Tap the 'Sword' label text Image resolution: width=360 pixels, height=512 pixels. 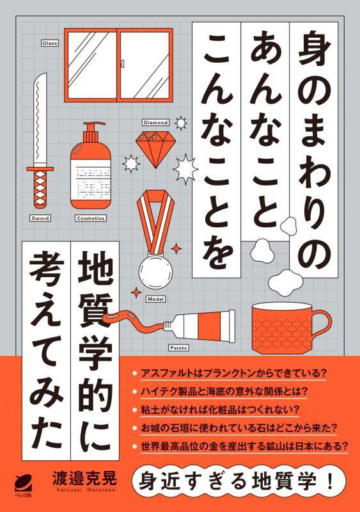40,218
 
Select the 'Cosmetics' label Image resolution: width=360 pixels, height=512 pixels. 90,218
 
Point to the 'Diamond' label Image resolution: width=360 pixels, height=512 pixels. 155,121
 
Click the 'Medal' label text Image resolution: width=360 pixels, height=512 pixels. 155,298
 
